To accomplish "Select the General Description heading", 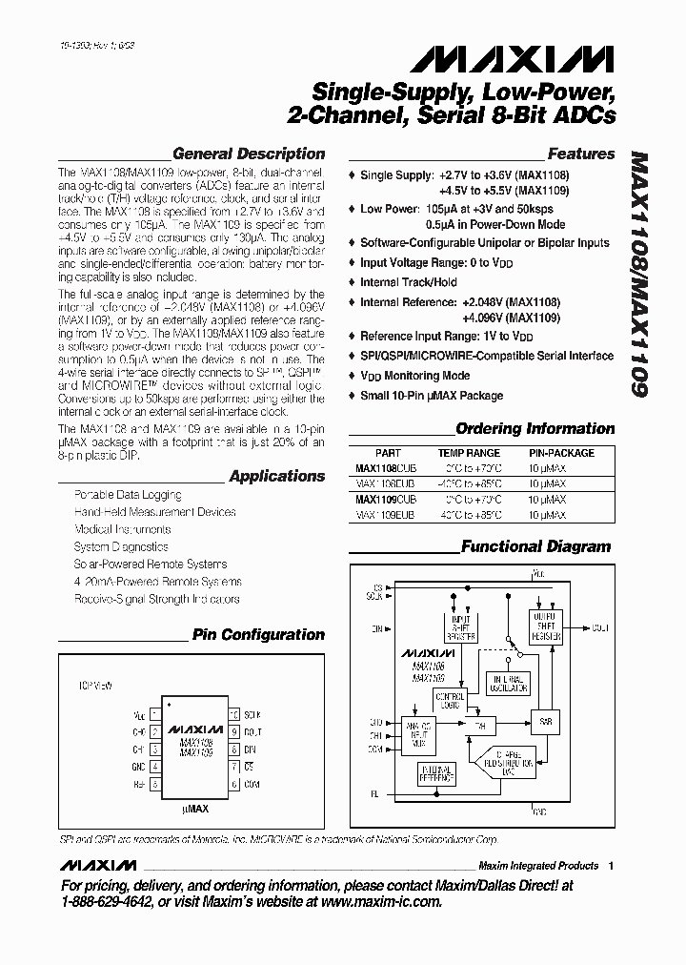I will (249, 154).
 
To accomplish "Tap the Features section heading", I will (581, 154).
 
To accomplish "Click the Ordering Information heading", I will (535, 429).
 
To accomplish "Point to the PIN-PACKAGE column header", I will (561, 454).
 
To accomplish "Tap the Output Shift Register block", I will (545, 626).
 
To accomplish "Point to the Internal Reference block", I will (437, 775).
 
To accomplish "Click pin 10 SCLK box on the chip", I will (232, 714).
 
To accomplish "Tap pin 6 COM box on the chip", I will (232, 784).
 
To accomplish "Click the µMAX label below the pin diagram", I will (195, 809).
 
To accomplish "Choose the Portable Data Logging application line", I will (128, 495).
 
